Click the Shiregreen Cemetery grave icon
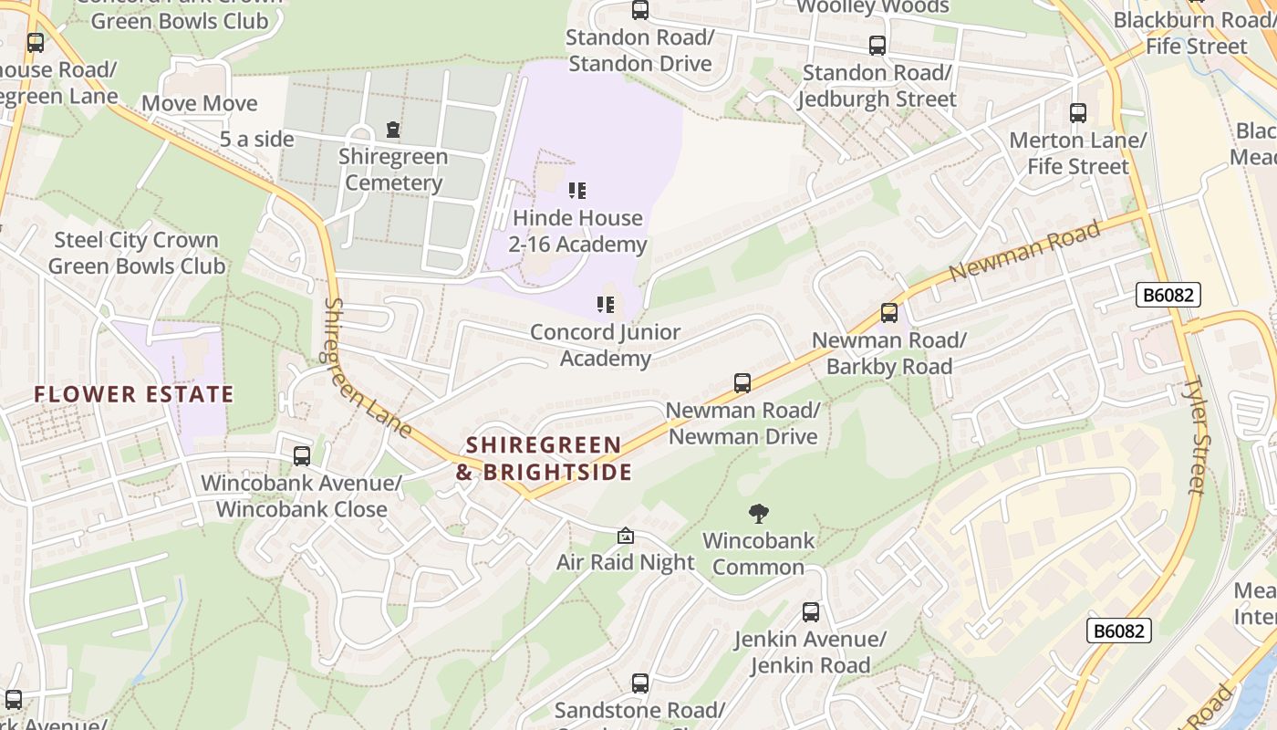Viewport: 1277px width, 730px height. (x=393, y=130)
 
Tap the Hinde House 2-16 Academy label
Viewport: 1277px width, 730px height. (x=577, y=231)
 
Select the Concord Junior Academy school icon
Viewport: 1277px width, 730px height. (x=606, y=304)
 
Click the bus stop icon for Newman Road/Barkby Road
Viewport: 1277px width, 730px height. (x=888, y=313)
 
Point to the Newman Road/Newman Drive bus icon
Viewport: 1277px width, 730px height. (x=742, y=383)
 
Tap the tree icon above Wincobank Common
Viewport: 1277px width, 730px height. (x=758, y=514)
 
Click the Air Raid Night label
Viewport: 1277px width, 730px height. (x=626, y=562)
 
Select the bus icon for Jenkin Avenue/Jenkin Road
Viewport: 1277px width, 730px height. (x=811, y=612)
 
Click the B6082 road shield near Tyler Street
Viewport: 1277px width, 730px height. (x=1168, y=295)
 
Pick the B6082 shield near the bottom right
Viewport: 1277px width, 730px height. (x=1118, y=631)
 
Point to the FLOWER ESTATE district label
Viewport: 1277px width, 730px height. (x=134, y=395)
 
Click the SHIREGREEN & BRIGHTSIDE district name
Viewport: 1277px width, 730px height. (x=545, y=458)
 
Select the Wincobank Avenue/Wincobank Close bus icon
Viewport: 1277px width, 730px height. (x=301, y=455)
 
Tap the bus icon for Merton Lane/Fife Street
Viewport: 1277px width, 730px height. (x=1078, y=113)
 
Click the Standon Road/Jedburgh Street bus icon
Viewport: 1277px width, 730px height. (x=877, y=45)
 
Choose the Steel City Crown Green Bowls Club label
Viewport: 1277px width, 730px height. (x=137, y=253)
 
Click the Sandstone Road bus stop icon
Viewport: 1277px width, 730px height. (x=640, y=683)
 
